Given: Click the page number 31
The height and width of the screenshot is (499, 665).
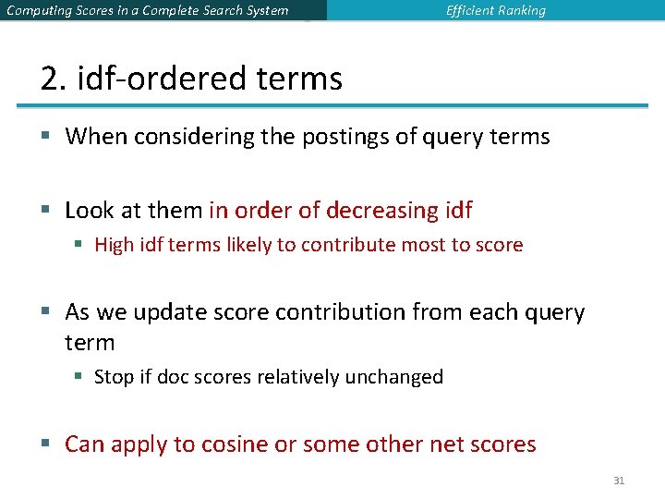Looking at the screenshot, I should [x=619, y=481].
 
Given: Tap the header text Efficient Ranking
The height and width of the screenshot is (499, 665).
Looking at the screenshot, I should [x=496, y=11].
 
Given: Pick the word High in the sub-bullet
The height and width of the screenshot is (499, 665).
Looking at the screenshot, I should [x=114, y=245].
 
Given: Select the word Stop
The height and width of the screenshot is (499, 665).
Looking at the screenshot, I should [x=114, y=377].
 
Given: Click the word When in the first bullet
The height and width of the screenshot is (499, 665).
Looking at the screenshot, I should [x=96, y=137].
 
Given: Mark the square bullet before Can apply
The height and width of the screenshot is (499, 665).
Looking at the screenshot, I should [x=46, y=444].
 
